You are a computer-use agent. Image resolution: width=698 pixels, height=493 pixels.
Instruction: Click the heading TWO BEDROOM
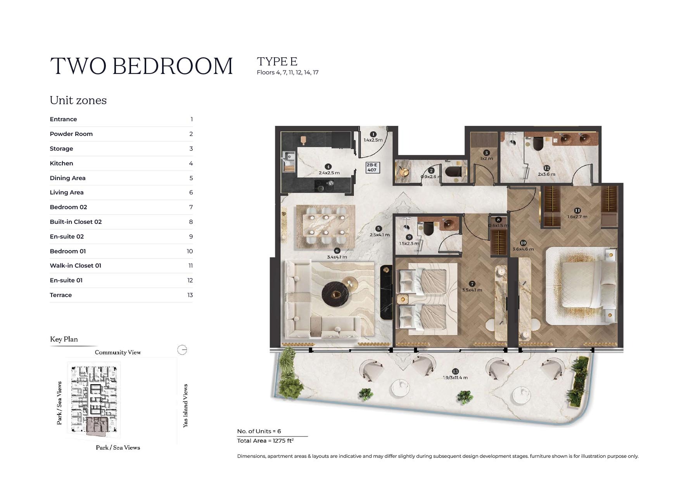click(x=142, y=66)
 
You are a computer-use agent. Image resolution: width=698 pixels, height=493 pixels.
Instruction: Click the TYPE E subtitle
click(x=277, y=62)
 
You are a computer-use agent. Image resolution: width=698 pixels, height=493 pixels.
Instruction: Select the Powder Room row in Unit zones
click(x=71, y=134)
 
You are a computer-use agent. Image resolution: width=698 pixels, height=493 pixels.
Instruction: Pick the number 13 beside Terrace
click(x=190, y=295)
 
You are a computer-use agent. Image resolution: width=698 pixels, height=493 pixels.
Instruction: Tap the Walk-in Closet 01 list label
click(x=75, y=266)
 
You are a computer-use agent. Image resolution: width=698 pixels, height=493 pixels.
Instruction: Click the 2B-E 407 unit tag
click(x=372, y=167)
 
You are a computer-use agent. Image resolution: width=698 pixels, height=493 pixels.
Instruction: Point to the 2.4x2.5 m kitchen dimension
click(x=329, y=173)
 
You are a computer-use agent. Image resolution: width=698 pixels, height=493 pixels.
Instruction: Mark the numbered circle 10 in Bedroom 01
click(x=523, y=243)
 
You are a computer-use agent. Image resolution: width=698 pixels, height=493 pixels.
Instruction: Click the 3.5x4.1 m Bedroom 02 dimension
click(x=472, y=290)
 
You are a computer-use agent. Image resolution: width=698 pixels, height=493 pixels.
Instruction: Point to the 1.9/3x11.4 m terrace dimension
click(x=455, y=378)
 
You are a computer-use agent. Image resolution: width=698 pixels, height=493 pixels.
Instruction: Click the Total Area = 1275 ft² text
click(x=265, y=441)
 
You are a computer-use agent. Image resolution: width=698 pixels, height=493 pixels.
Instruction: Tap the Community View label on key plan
click(x=117, y=352)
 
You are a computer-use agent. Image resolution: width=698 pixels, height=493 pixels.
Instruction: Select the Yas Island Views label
click(x=185, y=405)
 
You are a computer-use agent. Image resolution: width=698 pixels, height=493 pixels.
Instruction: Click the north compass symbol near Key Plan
click(x=182, y=350)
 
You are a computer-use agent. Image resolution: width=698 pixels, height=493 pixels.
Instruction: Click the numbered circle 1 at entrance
click(x=373, y=134)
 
